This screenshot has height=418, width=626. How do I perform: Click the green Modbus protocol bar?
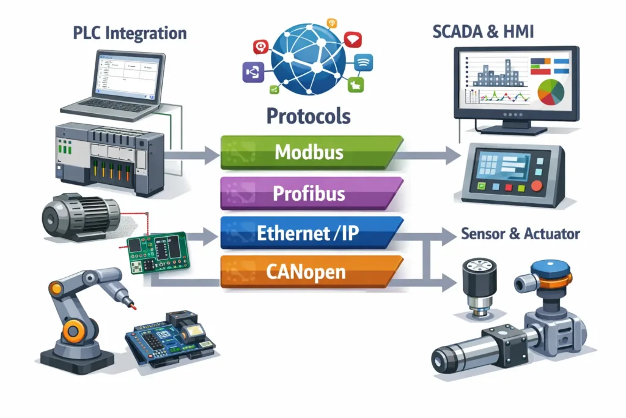point(309,151)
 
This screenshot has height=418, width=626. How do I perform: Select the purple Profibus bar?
point(309,193)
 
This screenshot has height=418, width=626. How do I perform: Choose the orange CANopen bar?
point(309,271)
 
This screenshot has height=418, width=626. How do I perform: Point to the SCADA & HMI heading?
point(484,32)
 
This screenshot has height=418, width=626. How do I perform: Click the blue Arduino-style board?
point(172,337)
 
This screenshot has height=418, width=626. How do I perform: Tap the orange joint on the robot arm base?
point(73,331)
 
